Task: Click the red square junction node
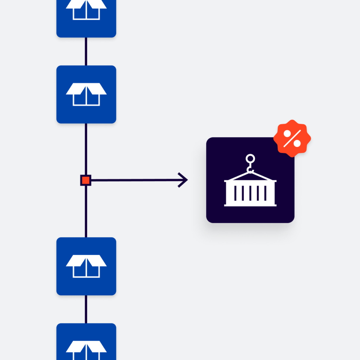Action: (x=86, y=180)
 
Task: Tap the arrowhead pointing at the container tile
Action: (x=184, y=180)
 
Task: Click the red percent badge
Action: (x=292, y=138)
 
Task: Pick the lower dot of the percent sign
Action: (x=297, y=143)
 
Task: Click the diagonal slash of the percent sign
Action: (x=292, y=139)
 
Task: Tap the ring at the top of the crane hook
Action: (x=250, y=159)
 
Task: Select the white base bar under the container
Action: (x=250, y=205)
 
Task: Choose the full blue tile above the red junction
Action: (x=86, y=94)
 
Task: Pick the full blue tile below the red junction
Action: (x=86, y=266)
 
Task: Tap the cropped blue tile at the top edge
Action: (x=86, y=18)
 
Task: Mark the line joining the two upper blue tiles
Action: (x=86, y=51)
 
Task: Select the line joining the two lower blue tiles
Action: (x=86, y=309)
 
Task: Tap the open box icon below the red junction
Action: (x=86, y=266)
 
